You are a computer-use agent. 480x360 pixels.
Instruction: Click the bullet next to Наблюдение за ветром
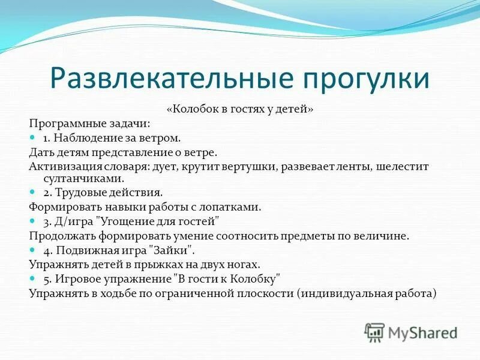(33, 138)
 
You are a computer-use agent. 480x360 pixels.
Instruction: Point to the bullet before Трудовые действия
(33, 193)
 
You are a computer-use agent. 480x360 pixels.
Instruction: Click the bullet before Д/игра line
(33, 221)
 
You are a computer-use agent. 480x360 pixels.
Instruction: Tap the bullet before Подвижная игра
(33, 250)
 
